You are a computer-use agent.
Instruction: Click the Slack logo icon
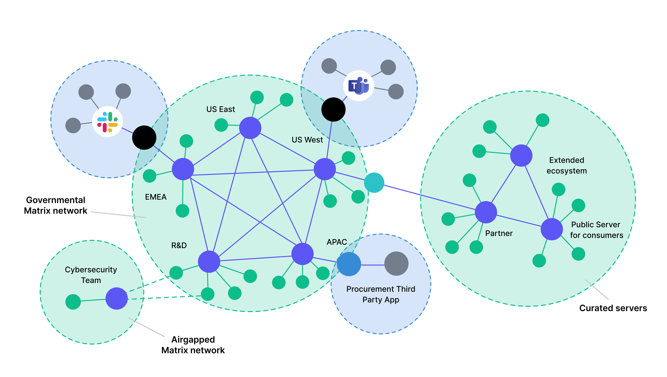107,122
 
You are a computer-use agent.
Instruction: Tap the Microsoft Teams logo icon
359,86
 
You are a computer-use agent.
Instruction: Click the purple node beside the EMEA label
183,169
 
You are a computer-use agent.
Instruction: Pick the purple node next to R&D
209,261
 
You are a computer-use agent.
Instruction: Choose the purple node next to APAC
303,254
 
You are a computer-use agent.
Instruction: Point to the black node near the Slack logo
144,138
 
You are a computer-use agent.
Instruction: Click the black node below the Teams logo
333,110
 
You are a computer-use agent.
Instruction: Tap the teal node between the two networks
374,183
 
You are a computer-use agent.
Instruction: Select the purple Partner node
486,212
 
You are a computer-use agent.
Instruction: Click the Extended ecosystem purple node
521,156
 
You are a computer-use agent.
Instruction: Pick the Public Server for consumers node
552,229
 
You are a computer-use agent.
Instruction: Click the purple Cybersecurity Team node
116,298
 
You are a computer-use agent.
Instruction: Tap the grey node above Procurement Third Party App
396,263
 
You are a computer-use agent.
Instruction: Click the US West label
307,140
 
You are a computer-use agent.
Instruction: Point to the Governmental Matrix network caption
56,205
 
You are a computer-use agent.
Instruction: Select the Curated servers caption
613,308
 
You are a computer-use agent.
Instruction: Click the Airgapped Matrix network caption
193,345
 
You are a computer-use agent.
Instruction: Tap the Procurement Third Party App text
381,294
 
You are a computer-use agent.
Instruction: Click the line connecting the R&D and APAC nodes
256,258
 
